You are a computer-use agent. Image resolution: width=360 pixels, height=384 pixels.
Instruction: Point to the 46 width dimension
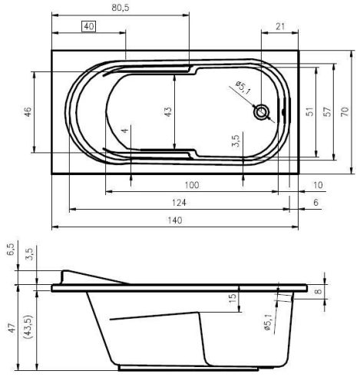[x=28, y=112]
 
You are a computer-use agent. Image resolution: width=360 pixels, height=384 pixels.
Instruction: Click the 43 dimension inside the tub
[x=168, y=111]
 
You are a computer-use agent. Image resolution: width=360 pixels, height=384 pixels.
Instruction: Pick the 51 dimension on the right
[x=309, y=111]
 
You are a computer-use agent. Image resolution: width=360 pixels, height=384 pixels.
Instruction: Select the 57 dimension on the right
[x=326, y=111]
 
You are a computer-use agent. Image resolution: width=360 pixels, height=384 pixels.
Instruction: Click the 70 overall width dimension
[x=345, y=111]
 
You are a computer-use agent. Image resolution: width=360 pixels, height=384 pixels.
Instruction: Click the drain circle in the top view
[x=263, y=112]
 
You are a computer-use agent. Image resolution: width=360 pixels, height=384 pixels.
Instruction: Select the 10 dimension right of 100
[x=318, y=184]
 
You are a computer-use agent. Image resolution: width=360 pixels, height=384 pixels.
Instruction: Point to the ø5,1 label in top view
[x=244, y=88]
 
